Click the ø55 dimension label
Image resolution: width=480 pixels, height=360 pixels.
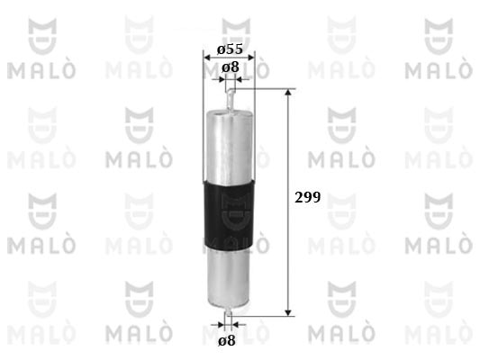pyautogui.click(x=230, y=49)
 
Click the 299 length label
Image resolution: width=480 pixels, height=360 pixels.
pyautogui.click(x=307, y=197)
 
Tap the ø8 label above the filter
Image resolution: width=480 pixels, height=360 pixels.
pyautogui.click(x=231, y=67)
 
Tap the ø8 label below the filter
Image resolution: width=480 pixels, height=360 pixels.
pyautogui.click(x=227, y=340)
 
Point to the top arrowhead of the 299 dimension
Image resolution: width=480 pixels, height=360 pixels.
pyautogui.click(x=288, y=92)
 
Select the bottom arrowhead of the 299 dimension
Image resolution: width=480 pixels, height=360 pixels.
pyautogui.click(x=288, y=312)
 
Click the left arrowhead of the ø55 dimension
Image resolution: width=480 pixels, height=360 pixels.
pyautogui.click(x=207, y=58)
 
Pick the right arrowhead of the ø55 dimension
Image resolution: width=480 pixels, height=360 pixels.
pyautogui.click(x=250, y=58)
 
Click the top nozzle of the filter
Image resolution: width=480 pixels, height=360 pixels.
pyautogui.click(x=231, y=99)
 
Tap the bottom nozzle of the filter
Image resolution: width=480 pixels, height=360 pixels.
pyautogui.click(x=229, y=311)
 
